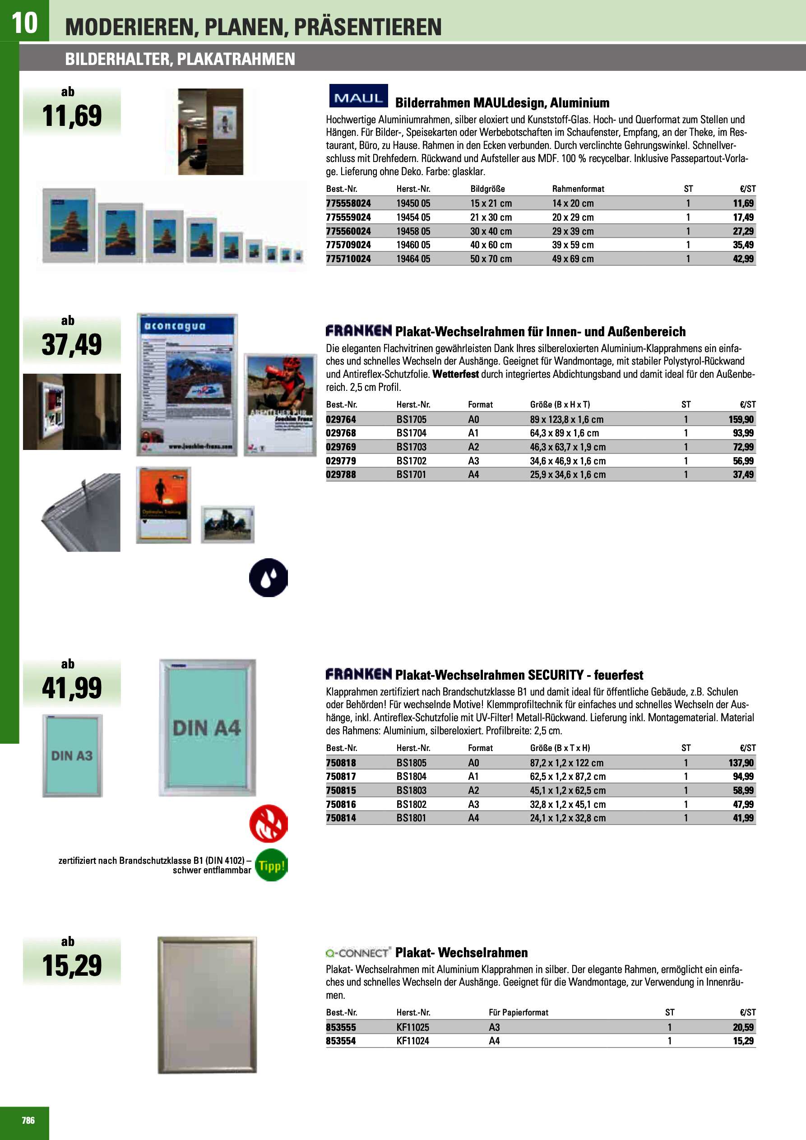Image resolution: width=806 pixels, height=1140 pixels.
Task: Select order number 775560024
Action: click(348, 231)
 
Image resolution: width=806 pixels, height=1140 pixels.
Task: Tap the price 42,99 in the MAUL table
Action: click(743, 259)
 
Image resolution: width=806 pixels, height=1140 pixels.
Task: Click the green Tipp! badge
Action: click(271, 866)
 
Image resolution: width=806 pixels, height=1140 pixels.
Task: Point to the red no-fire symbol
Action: click(269, 823)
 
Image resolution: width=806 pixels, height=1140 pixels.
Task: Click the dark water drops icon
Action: click(269, 578)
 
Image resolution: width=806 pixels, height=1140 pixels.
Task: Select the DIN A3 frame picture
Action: click(72, 755)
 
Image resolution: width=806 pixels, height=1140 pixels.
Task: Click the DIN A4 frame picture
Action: click(207, 728)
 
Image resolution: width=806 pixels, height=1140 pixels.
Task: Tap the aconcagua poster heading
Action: click(174, 326)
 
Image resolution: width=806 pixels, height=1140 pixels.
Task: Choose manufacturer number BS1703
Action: click(411, 447)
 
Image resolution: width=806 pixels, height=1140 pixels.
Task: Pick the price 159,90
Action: click(741, 419)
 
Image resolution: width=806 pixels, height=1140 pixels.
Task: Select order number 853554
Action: click(341, 1041)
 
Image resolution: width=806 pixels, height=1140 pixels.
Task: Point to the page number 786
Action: click(28, 1120)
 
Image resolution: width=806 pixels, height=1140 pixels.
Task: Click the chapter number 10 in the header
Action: click(24, 23)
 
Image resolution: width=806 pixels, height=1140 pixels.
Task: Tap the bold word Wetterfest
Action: click(455, 374)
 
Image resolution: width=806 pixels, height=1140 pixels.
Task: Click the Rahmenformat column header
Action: click(578, 189)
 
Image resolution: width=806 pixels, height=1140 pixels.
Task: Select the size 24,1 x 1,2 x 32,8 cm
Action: click(568, 818)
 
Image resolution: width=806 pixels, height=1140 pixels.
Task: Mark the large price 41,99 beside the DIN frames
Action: click(72, 688)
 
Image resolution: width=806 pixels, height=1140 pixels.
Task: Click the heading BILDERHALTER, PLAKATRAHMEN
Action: click(180, 59)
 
